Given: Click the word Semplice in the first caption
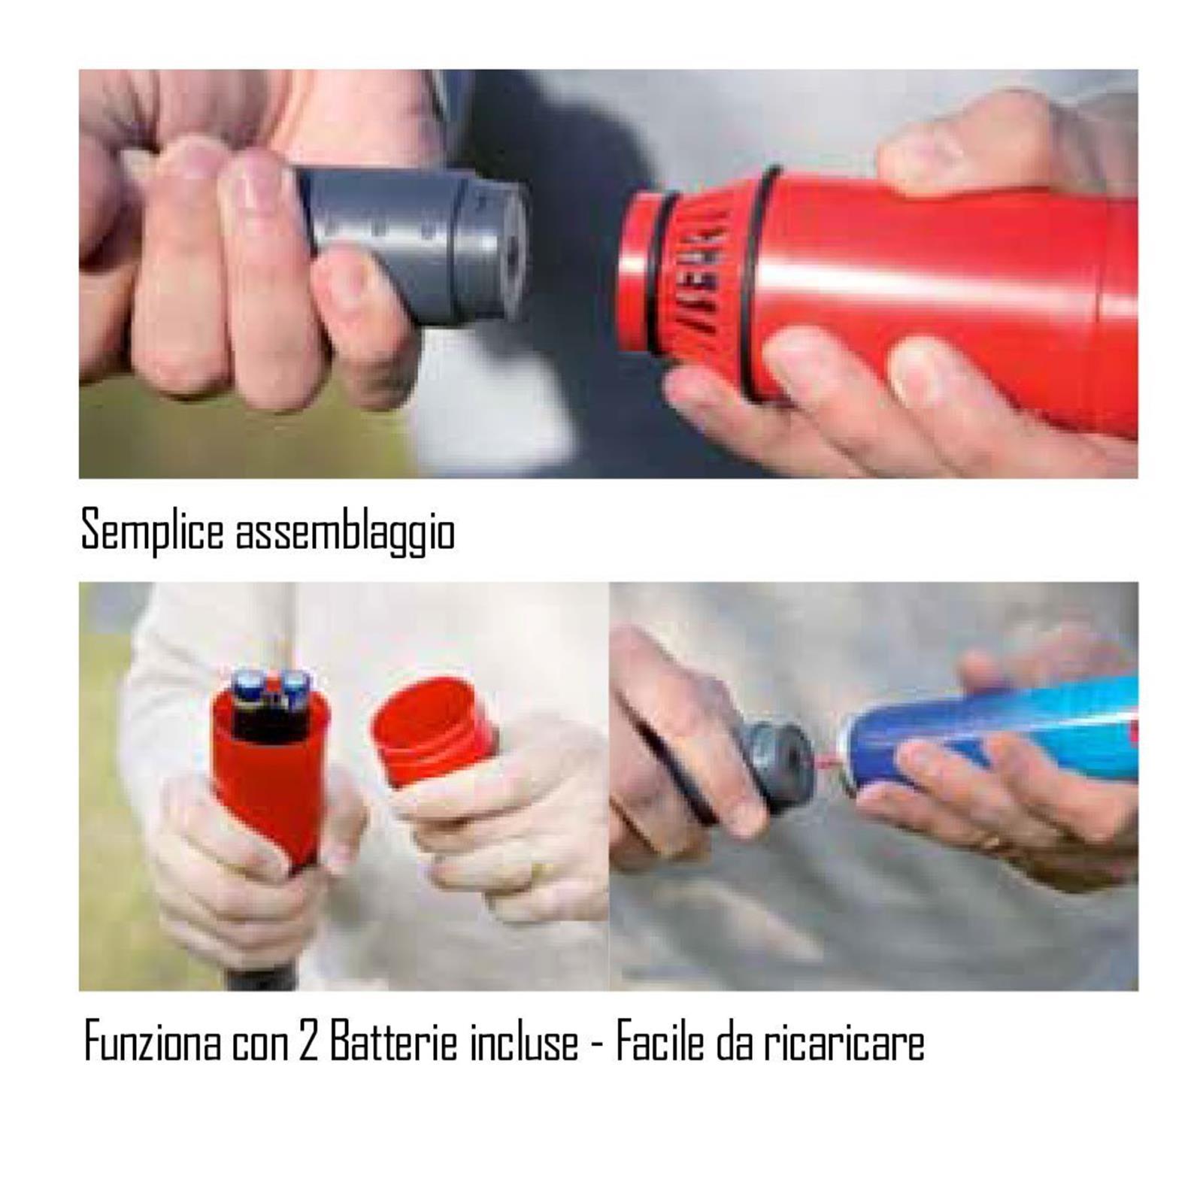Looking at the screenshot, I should tap(152, 530).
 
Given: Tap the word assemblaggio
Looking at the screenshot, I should tap(345, 532).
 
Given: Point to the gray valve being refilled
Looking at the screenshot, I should tap(778, 763).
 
